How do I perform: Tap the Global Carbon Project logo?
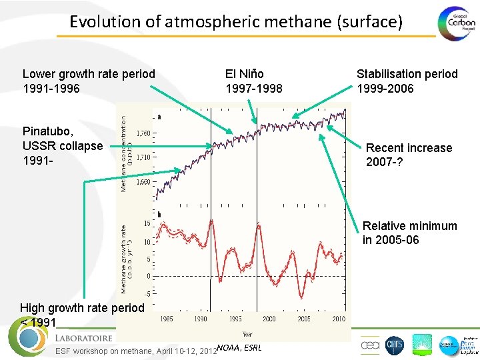click(x=457, y=23)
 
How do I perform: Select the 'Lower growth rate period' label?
click(x=89, y=74)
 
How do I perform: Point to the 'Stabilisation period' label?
click(x=407, y=74)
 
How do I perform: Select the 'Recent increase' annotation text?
click(x=409, y=148)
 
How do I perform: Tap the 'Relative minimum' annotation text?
click(x=409, y=226)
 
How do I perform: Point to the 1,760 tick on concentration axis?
click(x=143, y=133)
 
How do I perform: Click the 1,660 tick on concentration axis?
click(x=143, y=181)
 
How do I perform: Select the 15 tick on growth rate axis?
click(x=147, y=223)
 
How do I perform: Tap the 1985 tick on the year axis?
click(x=167, y=319)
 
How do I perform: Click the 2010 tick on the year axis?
click(x=337, y=319)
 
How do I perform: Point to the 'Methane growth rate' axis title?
click(x=125, y=259)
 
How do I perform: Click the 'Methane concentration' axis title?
click(x=125, y=152)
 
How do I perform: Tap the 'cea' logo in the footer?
click(x=370, y=345)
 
